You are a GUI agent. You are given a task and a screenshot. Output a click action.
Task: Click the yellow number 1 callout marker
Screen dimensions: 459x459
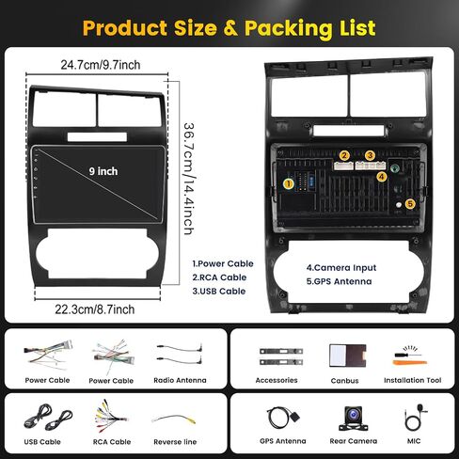tap(289, 183)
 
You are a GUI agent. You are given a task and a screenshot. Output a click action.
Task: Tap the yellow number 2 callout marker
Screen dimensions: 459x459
tap(344, 155)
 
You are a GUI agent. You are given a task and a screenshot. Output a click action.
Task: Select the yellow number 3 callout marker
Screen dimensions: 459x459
tap(370, 155)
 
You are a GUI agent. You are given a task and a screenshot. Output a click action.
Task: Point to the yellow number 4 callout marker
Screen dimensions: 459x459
tap(382, 177)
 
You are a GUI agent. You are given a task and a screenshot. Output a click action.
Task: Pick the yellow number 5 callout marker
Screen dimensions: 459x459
tap(410, 204)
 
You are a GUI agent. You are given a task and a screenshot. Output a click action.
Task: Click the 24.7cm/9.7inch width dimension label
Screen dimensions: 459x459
tap(101, 65)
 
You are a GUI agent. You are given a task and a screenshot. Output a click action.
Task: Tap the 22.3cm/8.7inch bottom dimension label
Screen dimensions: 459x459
tap(95, 309)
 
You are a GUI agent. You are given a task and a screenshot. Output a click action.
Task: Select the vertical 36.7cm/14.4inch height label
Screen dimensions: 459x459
tap(189, 179)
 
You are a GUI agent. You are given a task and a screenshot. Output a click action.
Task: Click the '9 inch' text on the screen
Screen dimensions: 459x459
tap(103, 171)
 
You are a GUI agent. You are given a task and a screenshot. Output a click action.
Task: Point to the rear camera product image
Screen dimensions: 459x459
tap(354, 419)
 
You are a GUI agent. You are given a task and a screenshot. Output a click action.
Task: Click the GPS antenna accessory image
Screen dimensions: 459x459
tap(283, 418)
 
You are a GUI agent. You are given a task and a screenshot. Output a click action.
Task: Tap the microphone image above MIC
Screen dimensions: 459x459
tap(416, 418)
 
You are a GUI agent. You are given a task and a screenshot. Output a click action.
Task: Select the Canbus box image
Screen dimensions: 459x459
tap(348, 356)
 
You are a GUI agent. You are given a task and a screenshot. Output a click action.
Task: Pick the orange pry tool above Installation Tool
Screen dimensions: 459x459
tap(409, 363)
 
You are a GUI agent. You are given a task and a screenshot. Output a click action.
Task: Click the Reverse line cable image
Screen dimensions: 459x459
tap(174, 419)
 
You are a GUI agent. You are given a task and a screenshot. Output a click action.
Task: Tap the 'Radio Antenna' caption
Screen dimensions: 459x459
tap(180, 380)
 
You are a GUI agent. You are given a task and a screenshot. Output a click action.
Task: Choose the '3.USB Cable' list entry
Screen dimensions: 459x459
tap(219, 292)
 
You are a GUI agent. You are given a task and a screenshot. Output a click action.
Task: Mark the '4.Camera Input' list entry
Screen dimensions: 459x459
tap(341, 268)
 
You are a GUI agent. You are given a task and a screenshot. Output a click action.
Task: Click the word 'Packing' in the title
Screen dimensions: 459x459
tap(288, 28)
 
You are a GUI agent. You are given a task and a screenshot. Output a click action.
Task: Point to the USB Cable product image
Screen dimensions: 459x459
tap(48, 418)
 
